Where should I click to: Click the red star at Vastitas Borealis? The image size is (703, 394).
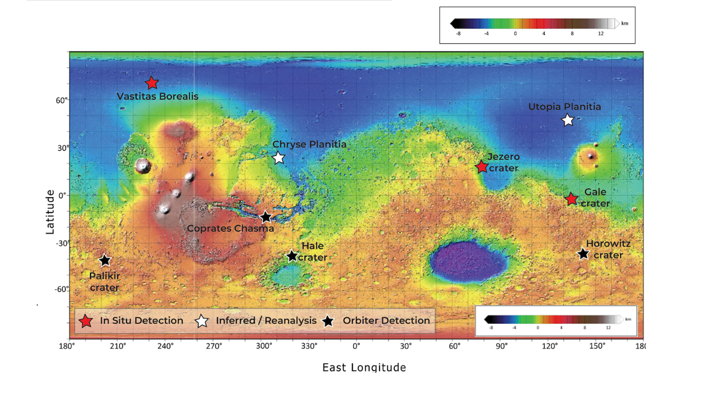pyautogui.click(x=152, y=83)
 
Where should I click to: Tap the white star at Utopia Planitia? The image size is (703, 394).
pyautogui.click(x=568, y=120)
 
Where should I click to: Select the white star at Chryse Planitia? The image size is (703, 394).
pyautogui.click(x=279, y=157)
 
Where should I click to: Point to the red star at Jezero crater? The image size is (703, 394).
pyautogui.click(x=482, y=167)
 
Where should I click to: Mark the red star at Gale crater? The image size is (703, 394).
pyautogui.click(x=571, y=199)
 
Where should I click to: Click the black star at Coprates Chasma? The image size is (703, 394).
pyautogui.click(x=266, y=217)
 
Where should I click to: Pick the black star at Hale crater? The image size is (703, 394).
pyautogui.click(x=292, y=256)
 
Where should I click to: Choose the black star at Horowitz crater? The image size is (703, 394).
pyautogui.click(x=583, y=254)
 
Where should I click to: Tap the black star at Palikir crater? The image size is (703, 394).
pyautogui.click(x=105, y=260)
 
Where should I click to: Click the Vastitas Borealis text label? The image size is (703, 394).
pyautogui.click(x=158, y=97)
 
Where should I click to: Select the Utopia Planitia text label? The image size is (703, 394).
pyautogui.click(x=565, y=107)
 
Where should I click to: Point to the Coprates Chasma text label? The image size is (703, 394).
pyautogui.click(x=230, y=228)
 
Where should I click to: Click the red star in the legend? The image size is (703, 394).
pyautogui.click(x=86, y=321)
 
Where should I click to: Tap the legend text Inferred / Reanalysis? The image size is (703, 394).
pyautogui.click(x=266, y=320)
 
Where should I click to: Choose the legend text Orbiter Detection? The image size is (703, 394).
pyautogui.click(x=387, y=320)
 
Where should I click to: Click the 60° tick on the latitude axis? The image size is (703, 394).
pyautogui.click(x=61, y=100)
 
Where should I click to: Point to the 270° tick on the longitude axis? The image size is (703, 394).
pyautogui.click(x=214, y=346)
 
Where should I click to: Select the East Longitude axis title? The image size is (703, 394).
pyautogui.click(x=364, y=367)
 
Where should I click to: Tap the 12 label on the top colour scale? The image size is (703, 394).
pyautogui.click(x=601, y=33)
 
